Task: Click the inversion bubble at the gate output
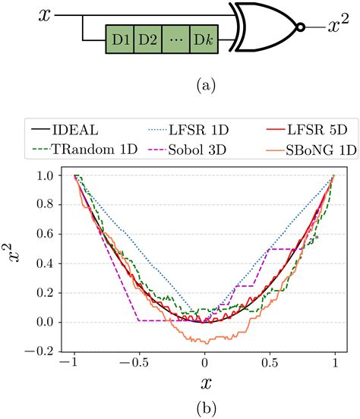[301, 27]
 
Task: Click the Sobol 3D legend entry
[193, 150]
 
